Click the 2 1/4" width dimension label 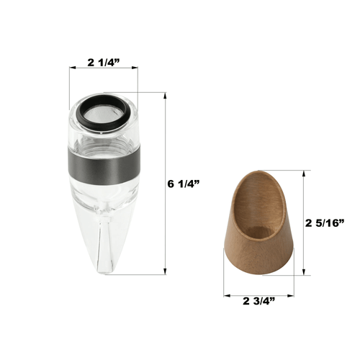pyautogui.click(x=104, y=63)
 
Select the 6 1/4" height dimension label pyautogui.click(x=184, y=184)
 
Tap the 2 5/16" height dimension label pyautogui.click(x=325, y=223)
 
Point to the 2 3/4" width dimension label pyautogui.click(x=258, y=301)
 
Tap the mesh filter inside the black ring pyautogui.click(x=104, y=113)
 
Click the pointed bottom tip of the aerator pyautogui.click(x=105, y=272)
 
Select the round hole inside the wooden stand pyautogui.click(x=259, y=232)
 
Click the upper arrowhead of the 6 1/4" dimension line pyautogui.click(x=165, y=96)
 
